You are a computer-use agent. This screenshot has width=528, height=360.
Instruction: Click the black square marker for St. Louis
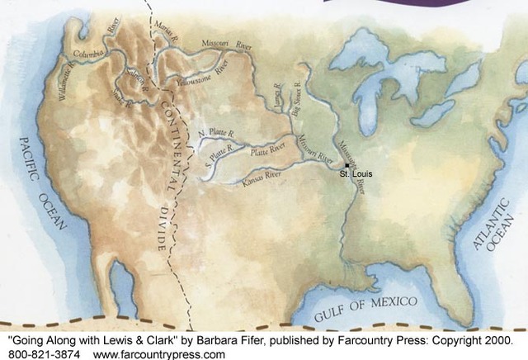[348, 167]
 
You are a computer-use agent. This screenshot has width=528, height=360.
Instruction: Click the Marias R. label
[168, 36]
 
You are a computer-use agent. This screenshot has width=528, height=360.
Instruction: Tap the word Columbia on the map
[90, 54]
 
